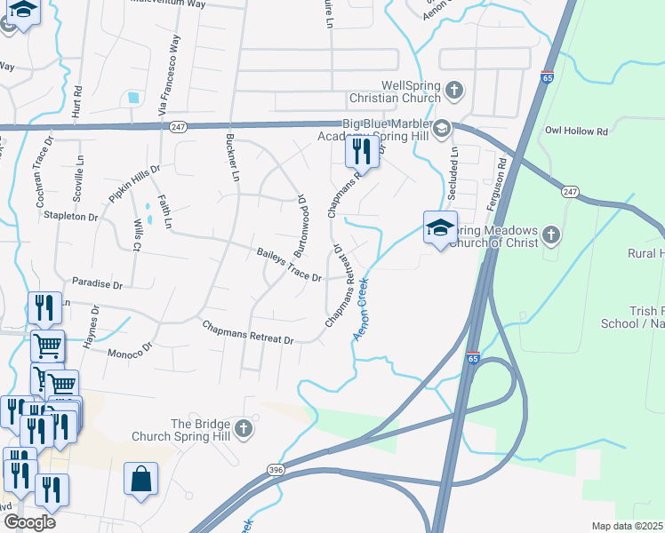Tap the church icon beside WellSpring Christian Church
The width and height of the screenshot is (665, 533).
pyautogui.click(x=454, y=90)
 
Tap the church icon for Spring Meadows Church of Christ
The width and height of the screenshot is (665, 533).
pyautogui.click(x=551, y=235)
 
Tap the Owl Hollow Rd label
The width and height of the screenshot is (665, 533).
pyautogui.click(x=576, y=131)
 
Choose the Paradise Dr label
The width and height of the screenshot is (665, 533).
pyautogui.click(x=97, y=284)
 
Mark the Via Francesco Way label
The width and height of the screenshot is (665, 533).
pyautogui.click(x=163, y=81)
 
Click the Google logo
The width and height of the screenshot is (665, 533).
pyautogui.click(x=29, y=521)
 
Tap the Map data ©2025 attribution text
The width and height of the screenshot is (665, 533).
pyautogui.click(x=626, y=526)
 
